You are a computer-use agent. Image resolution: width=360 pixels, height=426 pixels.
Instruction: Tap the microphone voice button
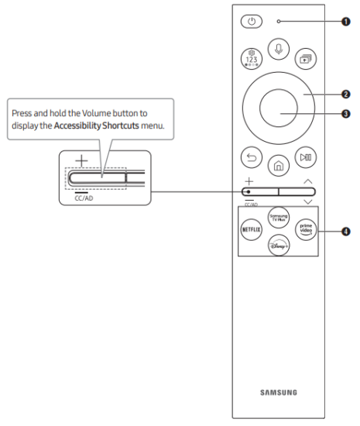pyautogui.click(x=279, y=48)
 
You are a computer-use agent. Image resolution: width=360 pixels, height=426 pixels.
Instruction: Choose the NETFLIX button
pyautogui.click(x=252, y=231)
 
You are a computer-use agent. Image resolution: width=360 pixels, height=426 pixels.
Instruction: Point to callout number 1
pyautogui.click(x=345, y=21)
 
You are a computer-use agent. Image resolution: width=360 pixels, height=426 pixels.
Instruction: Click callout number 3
pyautogui.click(x=345, y=114)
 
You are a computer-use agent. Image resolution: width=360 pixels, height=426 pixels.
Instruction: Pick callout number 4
pyautogui.click(x=345, y=231)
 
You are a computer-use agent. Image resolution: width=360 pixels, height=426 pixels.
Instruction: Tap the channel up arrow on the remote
pyautogui.click(x=308, y=180)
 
